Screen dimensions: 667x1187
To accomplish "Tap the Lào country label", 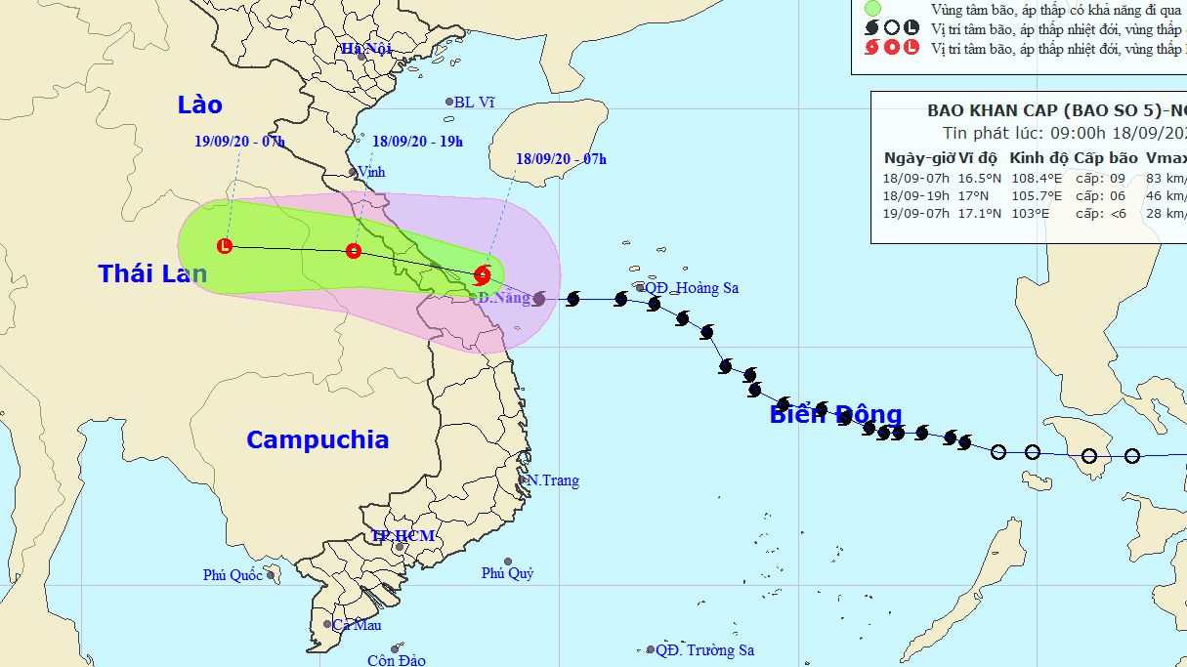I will coord(200,104).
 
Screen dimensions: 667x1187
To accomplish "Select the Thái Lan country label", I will coord(152,274).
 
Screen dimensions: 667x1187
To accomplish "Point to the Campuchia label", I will coord(318,439).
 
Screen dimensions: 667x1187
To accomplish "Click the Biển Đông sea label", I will coord(835,414).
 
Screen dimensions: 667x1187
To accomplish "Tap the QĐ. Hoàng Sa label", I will coord(692,288).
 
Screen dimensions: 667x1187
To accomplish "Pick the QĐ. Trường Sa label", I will coord(704,650).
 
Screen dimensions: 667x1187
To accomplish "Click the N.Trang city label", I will coord(553,480).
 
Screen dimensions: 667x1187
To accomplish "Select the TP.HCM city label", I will coord(403,536).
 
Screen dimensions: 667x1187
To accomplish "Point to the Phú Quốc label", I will coord(233,575).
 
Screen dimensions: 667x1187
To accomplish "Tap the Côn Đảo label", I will coord(397,660).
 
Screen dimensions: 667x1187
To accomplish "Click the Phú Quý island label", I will coord(507,573).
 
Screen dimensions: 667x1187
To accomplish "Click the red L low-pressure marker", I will coord(226,246).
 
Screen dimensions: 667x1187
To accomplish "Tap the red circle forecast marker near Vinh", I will coord(354,251).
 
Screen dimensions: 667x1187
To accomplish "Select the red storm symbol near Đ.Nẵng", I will coord(483,274).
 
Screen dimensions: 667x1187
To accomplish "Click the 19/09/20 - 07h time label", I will coord(239,142).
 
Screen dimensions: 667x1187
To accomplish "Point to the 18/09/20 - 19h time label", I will coord(417,142).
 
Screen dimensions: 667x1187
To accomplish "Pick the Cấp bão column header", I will coord(1106,158).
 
